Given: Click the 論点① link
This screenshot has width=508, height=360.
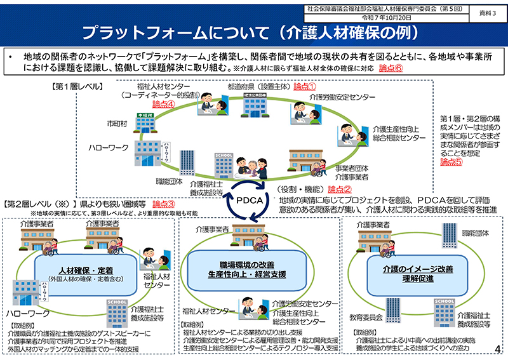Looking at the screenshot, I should [x=305, y=86].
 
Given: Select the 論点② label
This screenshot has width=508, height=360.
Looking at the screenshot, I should [x=340, y=189].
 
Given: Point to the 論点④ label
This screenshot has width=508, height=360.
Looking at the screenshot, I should [x=164, y=104].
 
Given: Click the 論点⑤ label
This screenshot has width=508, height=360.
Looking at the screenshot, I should [x=451, y=162].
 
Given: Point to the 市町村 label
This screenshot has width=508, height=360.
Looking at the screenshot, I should [x=117, y=119].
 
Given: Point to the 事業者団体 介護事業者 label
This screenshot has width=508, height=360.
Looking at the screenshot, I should [x=353, y=174].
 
